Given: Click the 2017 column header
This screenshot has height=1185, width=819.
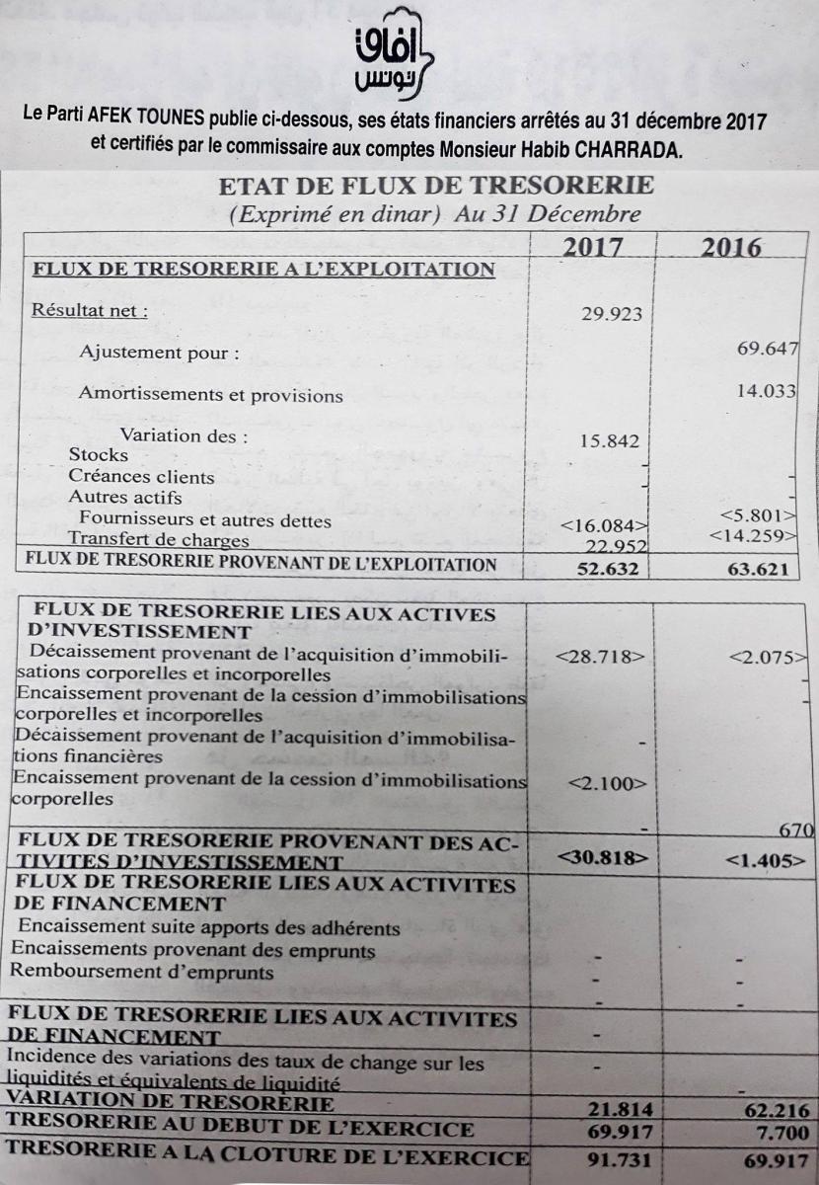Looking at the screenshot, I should click(x=592, y=246).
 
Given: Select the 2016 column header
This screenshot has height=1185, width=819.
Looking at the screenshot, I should click(x=731, y=246).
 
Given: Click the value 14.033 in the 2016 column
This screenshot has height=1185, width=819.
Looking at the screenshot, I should click(x=766, y=391).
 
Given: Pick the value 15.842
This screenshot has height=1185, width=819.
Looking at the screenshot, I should click(x=609, y=441).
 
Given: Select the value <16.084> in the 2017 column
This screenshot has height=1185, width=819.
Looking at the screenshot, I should click(x=603, y=525).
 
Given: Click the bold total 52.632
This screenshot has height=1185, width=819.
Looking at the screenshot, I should click(x=608, y=568).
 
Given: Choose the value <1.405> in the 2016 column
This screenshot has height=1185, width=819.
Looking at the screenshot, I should click(x=759, y=859).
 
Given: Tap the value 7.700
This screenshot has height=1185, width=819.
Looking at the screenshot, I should click(x=779, y=1132).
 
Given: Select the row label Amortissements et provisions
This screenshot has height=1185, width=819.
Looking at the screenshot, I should click(x=210, y=395).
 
